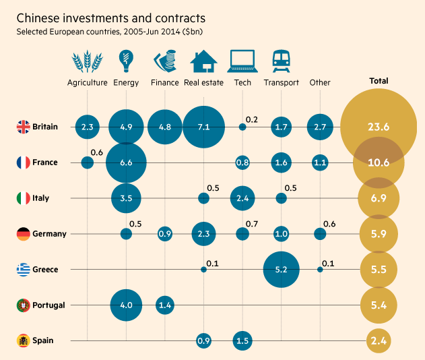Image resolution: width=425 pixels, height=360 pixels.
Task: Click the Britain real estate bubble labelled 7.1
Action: click(x=203, y=126)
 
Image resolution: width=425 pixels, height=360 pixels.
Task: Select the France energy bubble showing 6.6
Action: click(x=126, y=162)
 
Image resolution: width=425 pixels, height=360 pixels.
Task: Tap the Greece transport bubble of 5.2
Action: click(x=282, y=270)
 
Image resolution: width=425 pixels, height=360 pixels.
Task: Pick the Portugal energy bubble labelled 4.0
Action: click(x=126, y=305)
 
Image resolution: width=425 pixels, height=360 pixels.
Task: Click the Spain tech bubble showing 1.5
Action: click(x=242, y=341)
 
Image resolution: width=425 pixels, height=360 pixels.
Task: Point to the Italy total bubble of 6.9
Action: click(x=379, y=198)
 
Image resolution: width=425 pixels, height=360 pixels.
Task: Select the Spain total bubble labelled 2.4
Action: click(x=379, y=341)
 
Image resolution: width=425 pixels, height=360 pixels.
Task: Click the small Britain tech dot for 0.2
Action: click(x=242, y=126)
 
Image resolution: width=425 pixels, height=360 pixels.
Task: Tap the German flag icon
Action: click(x=23, y=234)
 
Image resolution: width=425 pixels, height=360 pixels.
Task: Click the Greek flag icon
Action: click(x=23, y=270)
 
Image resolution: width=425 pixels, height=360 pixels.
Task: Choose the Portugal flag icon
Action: click(x=23, y=305)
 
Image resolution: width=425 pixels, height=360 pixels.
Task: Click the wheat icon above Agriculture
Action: click(x=88, y=62)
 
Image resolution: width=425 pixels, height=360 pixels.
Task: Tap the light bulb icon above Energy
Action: click(x=125, y=61)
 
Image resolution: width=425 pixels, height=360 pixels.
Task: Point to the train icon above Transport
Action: click(x=281, y=62)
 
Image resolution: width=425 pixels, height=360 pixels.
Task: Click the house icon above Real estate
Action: click(x=203, y=62)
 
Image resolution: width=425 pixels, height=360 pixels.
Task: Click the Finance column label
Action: click(x=165, y=83)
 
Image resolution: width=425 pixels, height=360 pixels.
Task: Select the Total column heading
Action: click(x=379, y=81)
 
